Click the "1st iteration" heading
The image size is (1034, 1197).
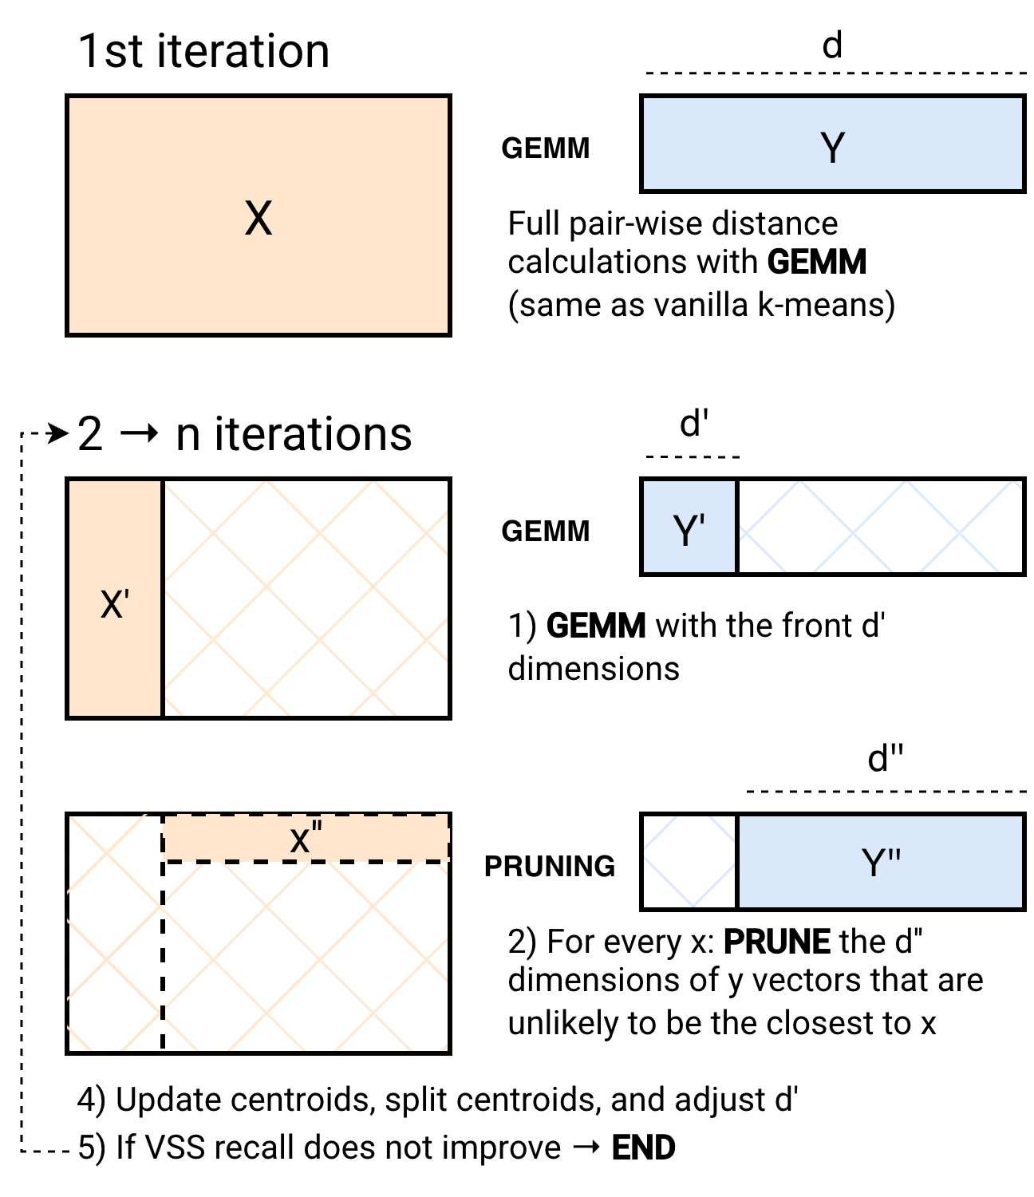[203, 51]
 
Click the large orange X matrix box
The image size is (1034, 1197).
[258, 215]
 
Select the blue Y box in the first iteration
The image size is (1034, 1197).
[832, 144]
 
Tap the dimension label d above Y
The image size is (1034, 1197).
[832, 45]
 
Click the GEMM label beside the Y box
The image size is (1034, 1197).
[546, 148]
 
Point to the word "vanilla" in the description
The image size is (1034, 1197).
[702, 305]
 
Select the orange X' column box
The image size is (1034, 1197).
[115, 598]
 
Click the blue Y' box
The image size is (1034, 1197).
[689, 527]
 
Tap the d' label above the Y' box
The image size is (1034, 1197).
[693, 424]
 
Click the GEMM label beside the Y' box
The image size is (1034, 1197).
[546, 531]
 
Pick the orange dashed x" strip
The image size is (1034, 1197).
[306, 838]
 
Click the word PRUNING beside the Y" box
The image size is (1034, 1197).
[550, 867]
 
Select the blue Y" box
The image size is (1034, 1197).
[881, 862]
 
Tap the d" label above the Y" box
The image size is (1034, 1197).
[886, 758]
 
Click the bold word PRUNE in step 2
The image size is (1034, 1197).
[777, 942]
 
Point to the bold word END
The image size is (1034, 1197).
[644, 1148]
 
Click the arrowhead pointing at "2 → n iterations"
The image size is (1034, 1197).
[58, 434]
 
